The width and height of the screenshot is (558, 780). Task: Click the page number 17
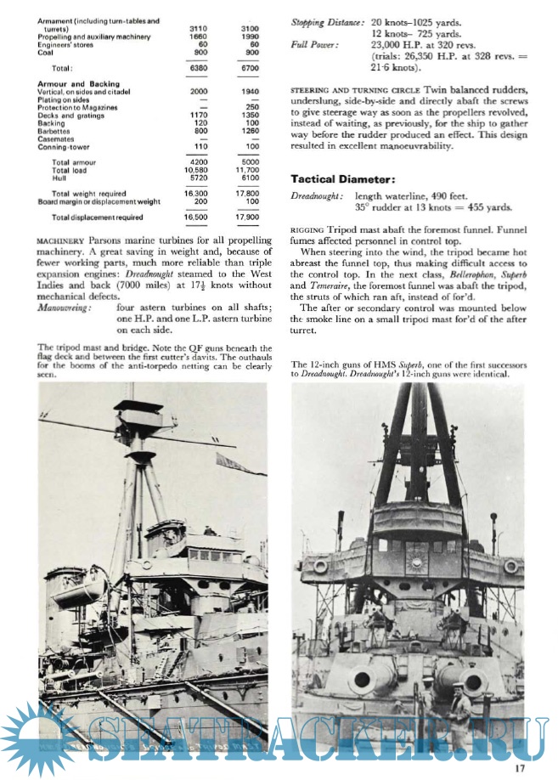(x=520, y=768)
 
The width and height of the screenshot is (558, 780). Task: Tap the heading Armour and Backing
(x=78, y=84)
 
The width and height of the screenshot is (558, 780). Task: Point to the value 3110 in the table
(x=197, y=29)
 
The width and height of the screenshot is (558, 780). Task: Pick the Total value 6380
(x=196, y=67)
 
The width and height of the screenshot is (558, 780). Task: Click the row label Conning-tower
(x=65, y=146)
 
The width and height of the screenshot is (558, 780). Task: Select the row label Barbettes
(x=57, y=131)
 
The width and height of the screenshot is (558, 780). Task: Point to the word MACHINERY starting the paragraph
(x=59, y=240)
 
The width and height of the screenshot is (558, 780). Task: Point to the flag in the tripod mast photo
(x=234, y=465)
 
